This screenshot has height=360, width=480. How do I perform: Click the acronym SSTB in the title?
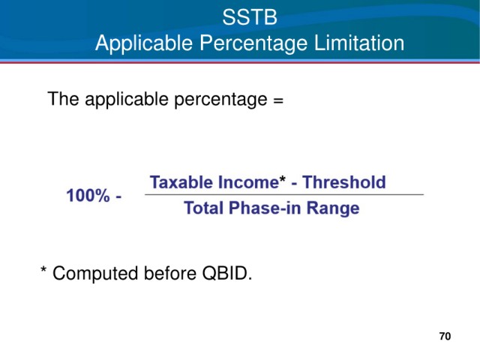click(250, 17)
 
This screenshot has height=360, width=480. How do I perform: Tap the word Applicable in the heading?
click(144, 43)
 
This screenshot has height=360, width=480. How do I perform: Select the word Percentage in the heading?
click(253, 43)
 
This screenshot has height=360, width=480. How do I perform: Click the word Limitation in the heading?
click(359, 43)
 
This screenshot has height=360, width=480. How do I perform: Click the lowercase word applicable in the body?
click(127, 100)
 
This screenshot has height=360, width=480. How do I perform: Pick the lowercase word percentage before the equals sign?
click(220, 100)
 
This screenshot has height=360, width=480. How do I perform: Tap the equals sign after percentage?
click(278, 100)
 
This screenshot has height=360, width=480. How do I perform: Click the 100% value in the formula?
click(88, 195)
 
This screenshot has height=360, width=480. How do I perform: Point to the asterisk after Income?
click(283, 178)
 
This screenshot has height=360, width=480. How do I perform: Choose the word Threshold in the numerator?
click(344, 182)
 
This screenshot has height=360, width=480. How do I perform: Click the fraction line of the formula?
click(284, 194)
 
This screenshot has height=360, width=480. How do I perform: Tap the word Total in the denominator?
click(203, 208)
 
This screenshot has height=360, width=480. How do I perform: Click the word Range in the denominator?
click(333, 208)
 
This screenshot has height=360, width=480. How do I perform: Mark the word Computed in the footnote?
click(95, 273)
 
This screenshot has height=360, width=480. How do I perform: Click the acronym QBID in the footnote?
click(226, 273)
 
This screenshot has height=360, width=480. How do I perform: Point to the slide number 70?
click(445, 336)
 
